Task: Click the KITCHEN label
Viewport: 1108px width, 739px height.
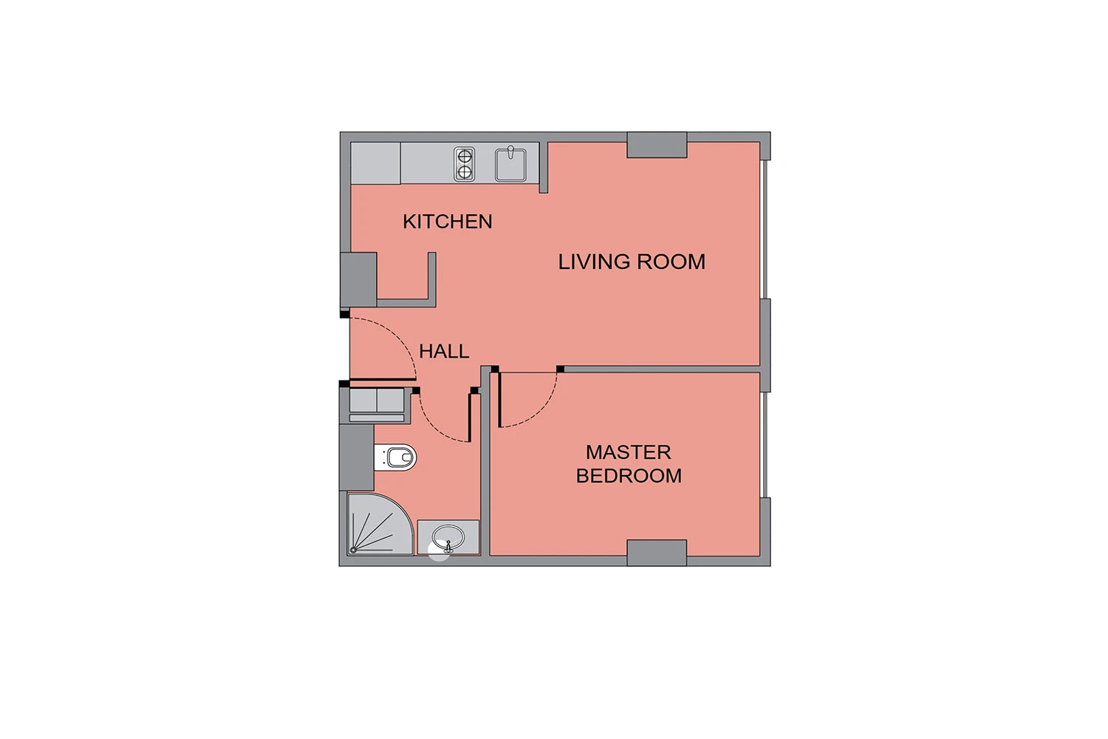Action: [447, 221]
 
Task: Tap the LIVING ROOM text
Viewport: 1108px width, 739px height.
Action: [632, 262]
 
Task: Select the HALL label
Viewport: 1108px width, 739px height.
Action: [444, 352]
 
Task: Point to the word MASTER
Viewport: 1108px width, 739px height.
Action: [628, 452]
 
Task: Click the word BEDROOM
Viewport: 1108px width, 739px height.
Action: [629, 476]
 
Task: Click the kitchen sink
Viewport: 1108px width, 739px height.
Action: [510, 164]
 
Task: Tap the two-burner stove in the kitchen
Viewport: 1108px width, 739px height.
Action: [464, 164]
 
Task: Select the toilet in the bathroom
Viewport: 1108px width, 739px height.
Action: [395, 457]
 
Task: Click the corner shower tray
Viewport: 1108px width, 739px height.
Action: [379, 524]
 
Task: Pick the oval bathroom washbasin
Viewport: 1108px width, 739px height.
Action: [448, 537]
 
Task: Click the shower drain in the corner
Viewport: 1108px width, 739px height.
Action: [353, 550]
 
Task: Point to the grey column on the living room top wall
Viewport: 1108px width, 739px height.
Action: [657, 145]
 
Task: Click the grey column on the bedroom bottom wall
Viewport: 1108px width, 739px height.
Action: [657, 553]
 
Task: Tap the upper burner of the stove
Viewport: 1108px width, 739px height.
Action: [464, 157]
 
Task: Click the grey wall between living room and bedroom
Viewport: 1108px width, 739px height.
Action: [662, 369]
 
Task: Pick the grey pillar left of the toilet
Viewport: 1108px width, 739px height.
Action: [357, 457]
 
